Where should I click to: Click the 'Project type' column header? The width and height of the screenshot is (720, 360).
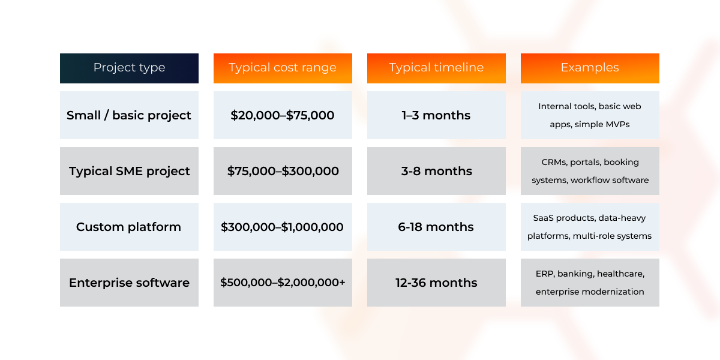[129, 68]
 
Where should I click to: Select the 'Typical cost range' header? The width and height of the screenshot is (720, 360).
[283, 68]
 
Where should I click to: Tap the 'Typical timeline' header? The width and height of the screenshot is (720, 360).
[437, 68]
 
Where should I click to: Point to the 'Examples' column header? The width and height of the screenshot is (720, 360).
[590, 68]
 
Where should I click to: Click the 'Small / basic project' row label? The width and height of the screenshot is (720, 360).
[129, 115]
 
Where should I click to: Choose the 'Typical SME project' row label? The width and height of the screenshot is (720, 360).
[129, 171]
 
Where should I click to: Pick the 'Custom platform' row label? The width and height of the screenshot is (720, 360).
[129, 227]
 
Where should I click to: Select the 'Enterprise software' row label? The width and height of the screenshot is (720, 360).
[129, 283]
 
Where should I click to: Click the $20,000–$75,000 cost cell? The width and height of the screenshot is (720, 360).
[283, 115]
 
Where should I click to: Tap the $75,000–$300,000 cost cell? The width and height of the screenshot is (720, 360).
[283, 171]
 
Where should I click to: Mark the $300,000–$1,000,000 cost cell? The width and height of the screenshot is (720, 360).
[283, 227]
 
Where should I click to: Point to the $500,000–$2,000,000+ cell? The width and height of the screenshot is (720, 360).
[283, 283]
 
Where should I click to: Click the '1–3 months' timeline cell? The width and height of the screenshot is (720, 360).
[437, 115]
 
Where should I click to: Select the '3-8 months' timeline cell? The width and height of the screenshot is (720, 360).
[437, 171]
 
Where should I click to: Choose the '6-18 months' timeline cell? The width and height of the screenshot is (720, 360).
[437, 227]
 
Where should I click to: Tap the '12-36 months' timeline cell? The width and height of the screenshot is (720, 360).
[437, 283]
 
